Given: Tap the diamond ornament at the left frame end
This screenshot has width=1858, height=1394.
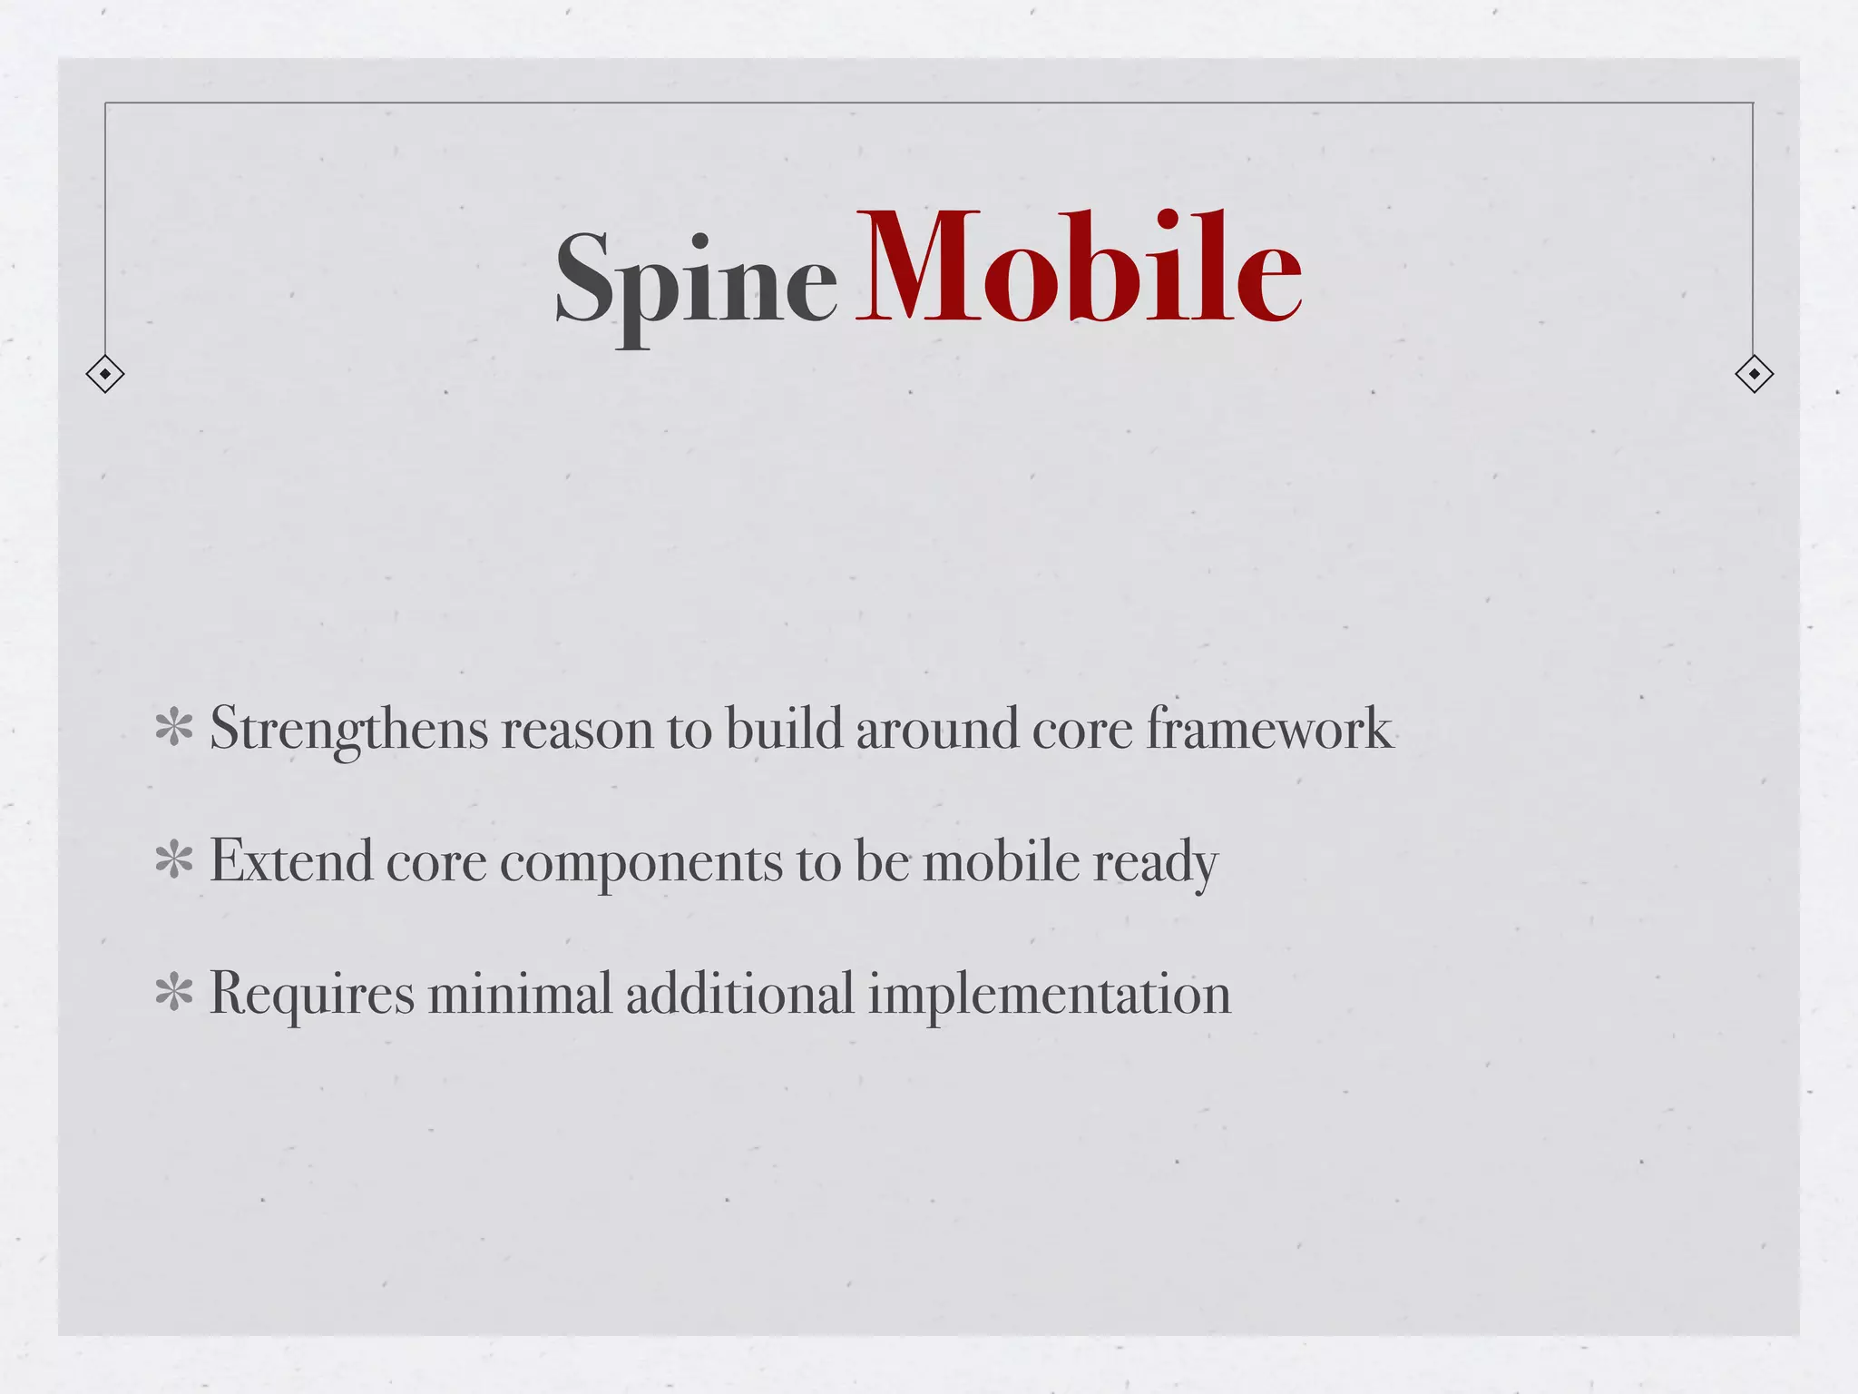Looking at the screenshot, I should point(105,374).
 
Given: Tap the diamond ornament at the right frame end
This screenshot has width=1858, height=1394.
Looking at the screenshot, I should point(1754,374).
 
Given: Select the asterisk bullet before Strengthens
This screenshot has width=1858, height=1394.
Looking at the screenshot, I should point(173,729).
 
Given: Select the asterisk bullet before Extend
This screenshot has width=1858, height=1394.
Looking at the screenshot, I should point(173,861).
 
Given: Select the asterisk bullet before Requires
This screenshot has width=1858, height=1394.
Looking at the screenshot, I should point(173,993).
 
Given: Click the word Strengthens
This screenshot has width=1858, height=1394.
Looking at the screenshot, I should point(349,729).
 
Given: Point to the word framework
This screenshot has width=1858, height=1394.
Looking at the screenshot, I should point(1269,729).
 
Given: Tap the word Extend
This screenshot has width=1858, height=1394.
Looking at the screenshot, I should point(291,861).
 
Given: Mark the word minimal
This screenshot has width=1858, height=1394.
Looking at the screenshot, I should point(520,993).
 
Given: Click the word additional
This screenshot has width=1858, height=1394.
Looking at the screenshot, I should point(739,993).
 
